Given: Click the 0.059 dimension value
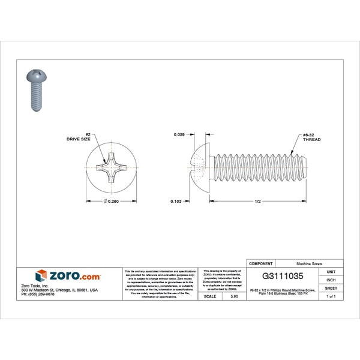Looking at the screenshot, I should tap(179, 135).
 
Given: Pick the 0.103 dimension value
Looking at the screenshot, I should tap(179, 200).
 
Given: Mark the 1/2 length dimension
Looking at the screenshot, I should tap(257, 201).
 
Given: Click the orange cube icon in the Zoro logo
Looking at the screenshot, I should tap(41, 275).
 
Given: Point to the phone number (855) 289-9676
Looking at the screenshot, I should tap(37, 295).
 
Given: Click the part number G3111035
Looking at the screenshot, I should tap(283, 277).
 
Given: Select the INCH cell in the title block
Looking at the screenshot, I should tap(331, 280).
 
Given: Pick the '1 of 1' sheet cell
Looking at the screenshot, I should tap(331, 296).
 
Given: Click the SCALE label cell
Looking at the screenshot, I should tap(210, 296).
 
